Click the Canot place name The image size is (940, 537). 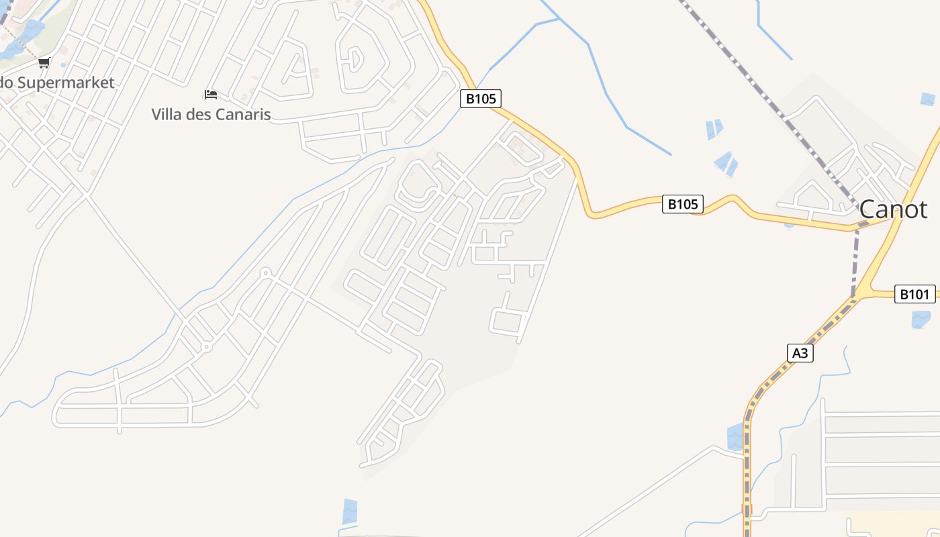(x=893, y=209)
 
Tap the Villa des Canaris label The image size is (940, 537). (x=211, y=114)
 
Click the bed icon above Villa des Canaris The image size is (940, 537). (x=211, y=95)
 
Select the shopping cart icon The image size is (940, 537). (x=44, y=63)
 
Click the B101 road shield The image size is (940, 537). (x=914, y=294)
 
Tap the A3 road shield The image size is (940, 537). (x=800, y=353)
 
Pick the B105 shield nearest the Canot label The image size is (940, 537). (x=683, y=204)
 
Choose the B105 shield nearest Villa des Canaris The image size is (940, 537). (x=481, y=99)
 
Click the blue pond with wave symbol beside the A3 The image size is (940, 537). (x=736, y=437)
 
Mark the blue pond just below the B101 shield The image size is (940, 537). (x=921, y=319)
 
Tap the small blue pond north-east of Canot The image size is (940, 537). (x=927, y=99)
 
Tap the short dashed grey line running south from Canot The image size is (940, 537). (x=855, y=262)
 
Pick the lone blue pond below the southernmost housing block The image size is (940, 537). (x=350, y=511)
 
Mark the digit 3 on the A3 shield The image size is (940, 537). (x=804, y=353)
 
